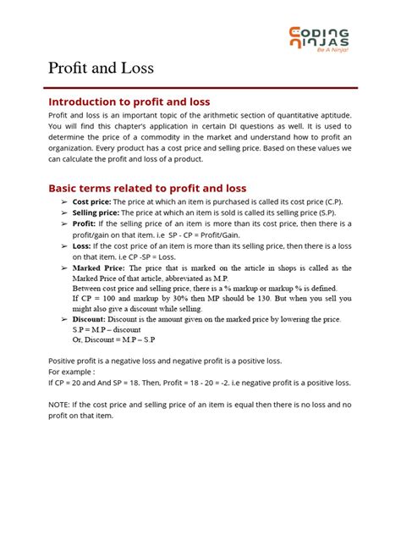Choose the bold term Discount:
96,321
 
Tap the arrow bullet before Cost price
64,203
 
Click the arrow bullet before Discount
64,321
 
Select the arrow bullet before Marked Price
64,267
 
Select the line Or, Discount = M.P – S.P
119,342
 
